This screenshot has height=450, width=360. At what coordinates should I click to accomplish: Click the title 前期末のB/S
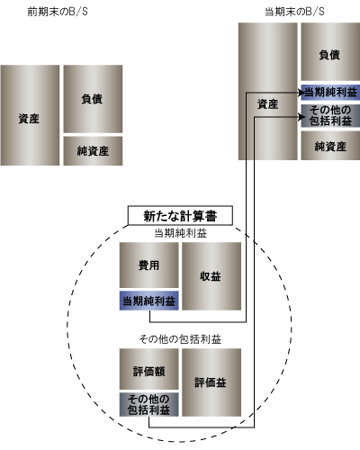pos(58,12)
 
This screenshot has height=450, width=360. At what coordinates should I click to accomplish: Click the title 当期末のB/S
pos(294,12)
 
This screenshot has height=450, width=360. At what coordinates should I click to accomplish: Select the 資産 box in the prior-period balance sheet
pos(30,115)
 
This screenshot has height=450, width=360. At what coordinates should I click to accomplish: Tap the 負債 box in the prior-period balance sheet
pos(93,99)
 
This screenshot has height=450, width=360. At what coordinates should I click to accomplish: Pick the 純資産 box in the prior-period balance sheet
pos(93,151)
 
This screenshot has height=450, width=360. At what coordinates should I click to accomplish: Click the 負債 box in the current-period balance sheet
pos(330,51)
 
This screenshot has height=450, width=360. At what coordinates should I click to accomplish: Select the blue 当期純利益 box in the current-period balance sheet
pos(330,92)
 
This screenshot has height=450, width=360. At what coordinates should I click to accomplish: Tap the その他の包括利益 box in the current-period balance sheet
pos(330,115)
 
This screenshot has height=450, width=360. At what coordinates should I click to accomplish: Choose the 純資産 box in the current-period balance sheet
pos(330,146)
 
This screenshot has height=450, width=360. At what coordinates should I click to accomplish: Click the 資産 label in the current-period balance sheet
pos(268,104)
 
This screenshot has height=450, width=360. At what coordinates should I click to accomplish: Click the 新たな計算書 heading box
pos(180,215)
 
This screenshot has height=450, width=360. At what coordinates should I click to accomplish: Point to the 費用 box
pos(149,265)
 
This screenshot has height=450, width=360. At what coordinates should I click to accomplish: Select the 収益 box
pos(211,276)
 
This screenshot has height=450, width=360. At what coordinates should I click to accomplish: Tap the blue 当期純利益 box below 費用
pos(149,301)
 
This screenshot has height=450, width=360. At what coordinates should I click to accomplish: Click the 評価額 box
pos(149,369)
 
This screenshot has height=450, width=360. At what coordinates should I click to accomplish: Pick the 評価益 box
pos(211,382)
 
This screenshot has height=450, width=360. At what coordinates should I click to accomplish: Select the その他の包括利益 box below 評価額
pos(149,404)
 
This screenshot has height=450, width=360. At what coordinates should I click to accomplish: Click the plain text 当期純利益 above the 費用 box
pos(180,233)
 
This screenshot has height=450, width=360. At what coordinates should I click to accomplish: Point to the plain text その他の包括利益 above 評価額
pos(180,339)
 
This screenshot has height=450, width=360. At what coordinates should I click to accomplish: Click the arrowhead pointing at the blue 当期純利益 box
pos(301,93)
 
